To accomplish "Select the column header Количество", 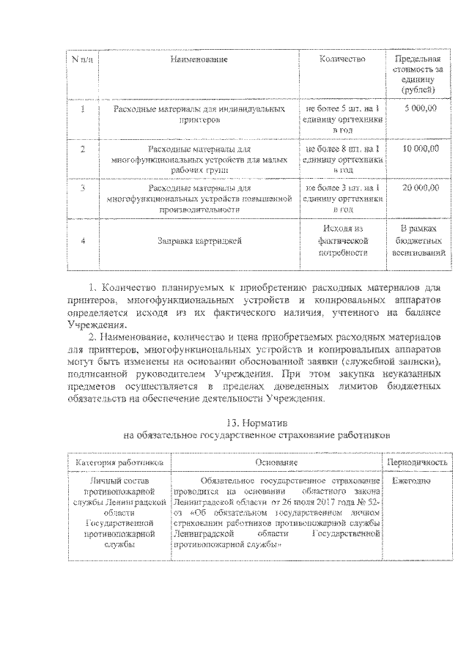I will [342, 58].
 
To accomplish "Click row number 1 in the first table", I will [83, 108].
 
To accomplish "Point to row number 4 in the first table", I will [83, 240].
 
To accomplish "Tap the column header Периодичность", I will [417, 463].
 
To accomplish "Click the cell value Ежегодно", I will [411, 481].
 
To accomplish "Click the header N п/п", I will [83, 58].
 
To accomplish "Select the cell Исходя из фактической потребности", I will [342, 240].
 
